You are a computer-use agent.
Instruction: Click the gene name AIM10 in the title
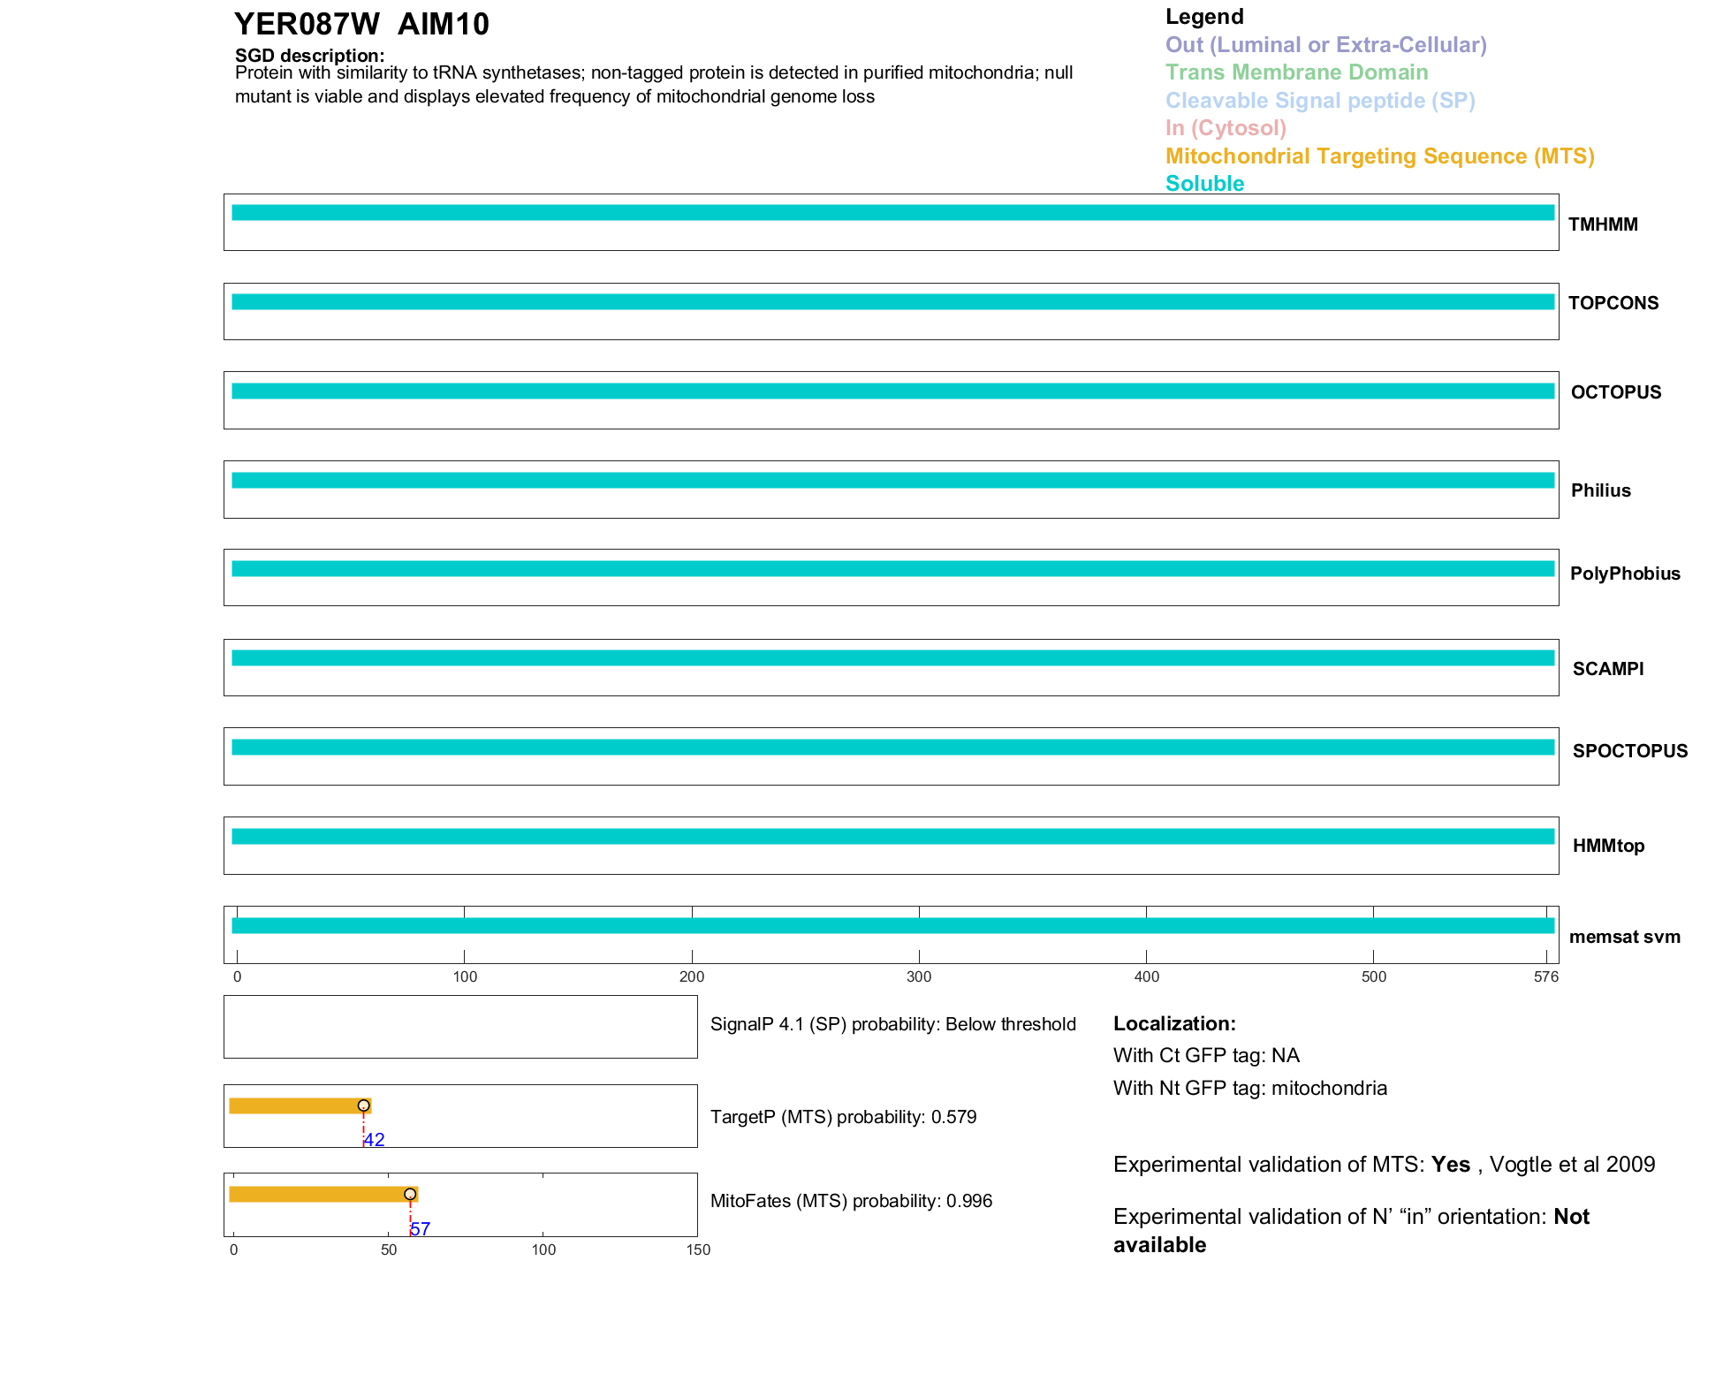443,25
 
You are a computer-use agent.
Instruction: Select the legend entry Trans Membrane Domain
1296,72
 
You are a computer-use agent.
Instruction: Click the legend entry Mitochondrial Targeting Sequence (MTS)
1379,156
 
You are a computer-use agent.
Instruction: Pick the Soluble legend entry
1204,184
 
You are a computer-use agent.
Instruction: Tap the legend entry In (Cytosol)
1226,128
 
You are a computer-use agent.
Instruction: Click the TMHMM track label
1603,224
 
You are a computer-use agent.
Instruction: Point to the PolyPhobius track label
1625,573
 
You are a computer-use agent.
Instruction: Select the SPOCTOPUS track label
1629,751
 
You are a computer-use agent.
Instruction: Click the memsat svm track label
1624,937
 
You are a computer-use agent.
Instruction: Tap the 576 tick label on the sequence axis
1546,977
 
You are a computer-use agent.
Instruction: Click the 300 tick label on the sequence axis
919,977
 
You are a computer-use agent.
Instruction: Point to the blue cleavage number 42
375,1140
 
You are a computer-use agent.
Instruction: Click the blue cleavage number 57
421,1229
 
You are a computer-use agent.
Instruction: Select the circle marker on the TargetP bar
363,1105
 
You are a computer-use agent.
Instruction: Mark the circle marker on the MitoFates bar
410,1195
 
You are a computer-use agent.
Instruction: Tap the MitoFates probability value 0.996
969,1201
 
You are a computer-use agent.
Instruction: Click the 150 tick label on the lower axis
698,1249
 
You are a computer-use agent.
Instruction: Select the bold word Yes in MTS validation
1451,1165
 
